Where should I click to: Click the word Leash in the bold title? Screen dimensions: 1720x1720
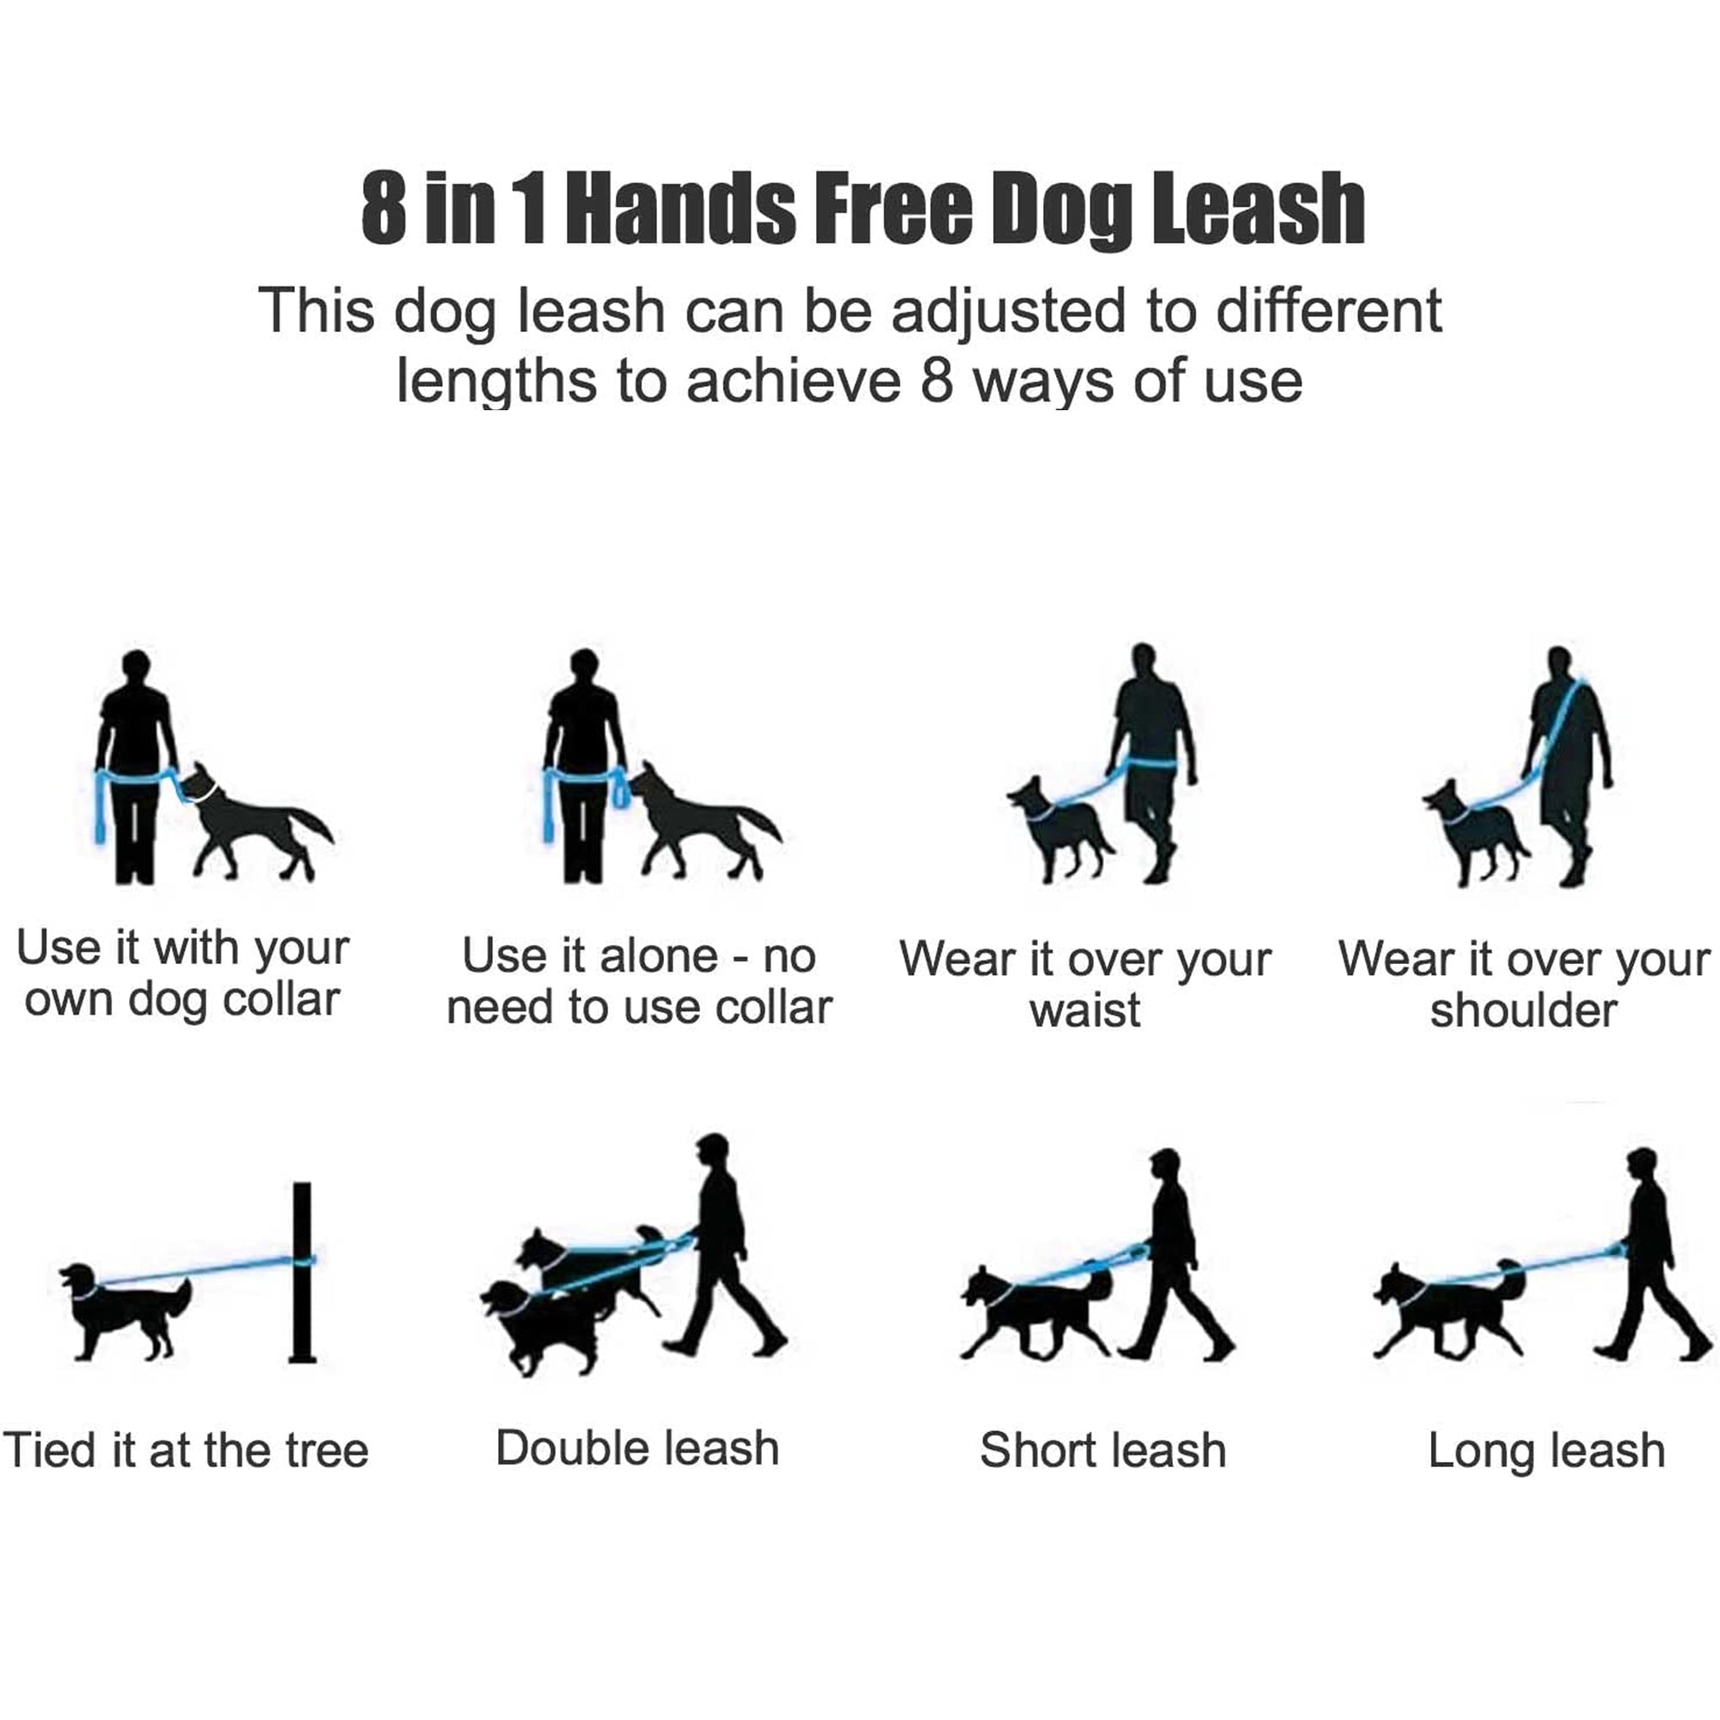(x=1258, y=210)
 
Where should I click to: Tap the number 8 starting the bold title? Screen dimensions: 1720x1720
(x=384, y=210)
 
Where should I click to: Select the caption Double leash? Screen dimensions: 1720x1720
(x=637, y=1448)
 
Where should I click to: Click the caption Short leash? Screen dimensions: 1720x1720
(x=1103, y=1450)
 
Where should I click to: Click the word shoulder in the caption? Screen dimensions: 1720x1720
(x=1523, y=1011)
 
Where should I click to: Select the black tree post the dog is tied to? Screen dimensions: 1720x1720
(x=303, y=1273)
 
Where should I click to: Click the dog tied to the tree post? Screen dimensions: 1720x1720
(x=125, y=1309)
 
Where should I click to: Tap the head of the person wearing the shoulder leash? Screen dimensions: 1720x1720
(x=1558, y=663)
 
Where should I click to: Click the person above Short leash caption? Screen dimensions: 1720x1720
(x=1170, y=1246)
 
